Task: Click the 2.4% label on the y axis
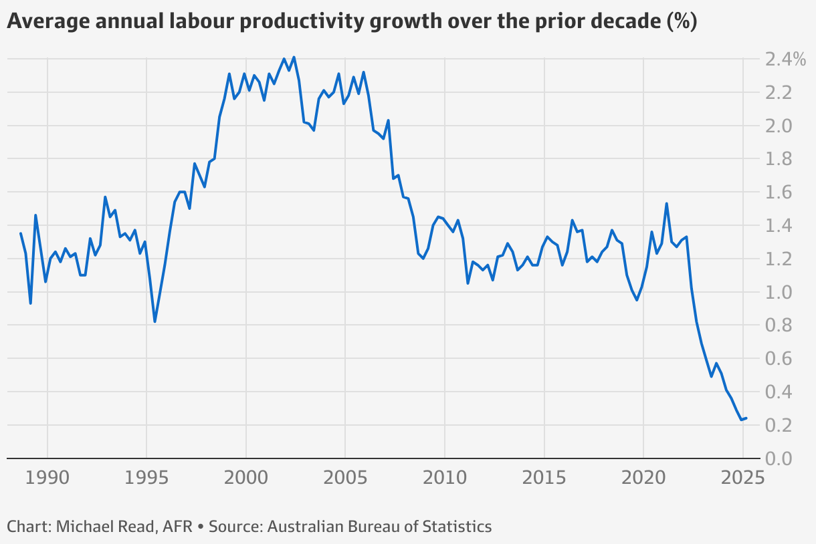click(x=786, y=59)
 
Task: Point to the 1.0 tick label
click(x=779, y=293)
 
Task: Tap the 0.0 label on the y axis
click(x=779, y=459)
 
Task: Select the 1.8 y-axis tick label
click(x=779, y=159)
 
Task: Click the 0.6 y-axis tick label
click(x=779, y=359)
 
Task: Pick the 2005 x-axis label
click(x=345, y=479)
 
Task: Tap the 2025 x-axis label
click(x=742, y=479)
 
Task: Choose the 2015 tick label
click(x=544, y=479)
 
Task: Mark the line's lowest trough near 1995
click(x=155, y=321)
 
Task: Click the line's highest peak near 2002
click(x=294, y=57)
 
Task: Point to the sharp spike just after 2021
click(x=666, y=203)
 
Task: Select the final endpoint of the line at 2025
click(x=746, y=418)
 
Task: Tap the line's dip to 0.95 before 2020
click(x=637, y=300)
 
